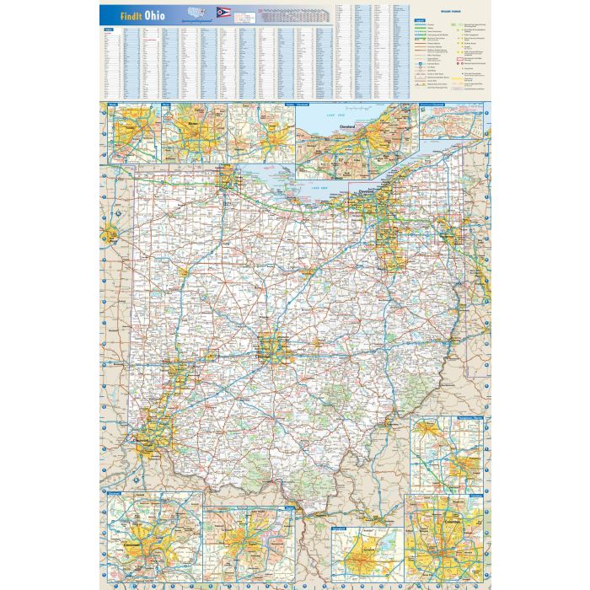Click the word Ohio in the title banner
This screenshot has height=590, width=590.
[x=154, y=14]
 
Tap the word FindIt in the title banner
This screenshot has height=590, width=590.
[x=126, y=14]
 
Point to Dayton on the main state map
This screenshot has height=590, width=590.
[x=177, y=371]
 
